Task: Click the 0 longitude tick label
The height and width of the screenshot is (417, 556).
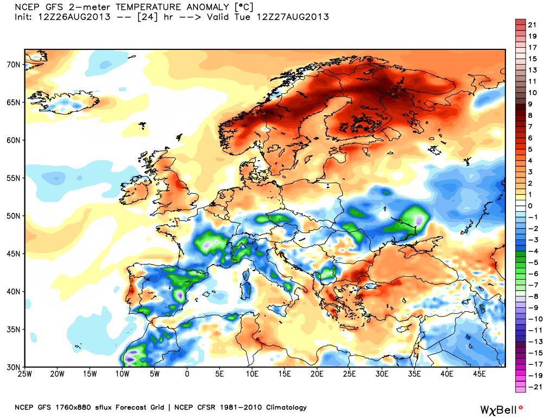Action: point(187,374)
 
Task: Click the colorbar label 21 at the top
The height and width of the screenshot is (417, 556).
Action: point(532,25)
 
